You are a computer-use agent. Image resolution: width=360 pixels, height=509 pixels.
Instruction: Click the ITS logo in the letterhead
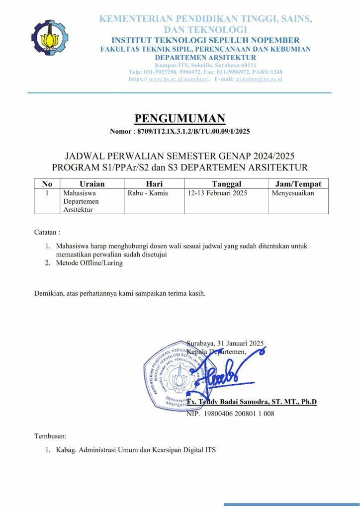[x=50, y=38]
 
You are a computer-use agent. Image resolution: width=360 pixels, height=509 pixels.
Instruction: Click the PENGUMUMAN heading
[x=180, y=118]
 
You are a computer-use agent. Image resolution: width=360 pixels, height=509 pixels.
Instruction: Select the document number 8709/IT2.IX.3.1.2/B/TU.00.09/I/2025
[x=193, y=132]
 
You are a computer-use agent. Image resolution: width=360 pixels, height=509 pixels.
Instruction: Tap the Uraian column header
[x=92, y=184]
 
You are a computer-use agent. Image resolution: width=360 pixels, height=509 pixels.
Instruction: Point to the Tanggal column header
[x=226, y=184]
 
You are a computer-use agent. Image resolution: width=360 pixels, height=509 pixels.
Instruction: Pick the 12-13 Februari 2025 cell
[x=217, y=193]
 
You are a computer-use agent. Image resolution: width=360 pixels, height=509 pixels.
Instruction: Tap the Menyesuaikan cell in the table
[x=293, y=193]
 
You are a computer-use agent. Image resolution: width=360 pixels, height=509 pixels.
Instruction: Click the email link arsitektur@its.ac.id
[x=259, y=79]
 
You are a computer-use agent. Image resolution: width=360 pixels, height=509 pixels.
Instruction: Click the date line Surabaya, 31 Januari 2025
[x=225, y=343]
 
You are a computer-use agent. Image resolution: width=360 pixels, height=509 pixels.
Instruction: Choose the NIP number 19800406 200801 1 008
[x=230, y=414]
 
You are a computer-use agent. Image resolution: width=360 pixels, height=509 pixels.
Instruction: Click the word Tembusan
[x=50, y=436]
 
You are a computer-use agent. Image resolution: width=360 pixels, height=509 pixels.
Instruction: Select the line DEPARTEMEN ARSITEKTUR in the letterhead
[x=205, y=58]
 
